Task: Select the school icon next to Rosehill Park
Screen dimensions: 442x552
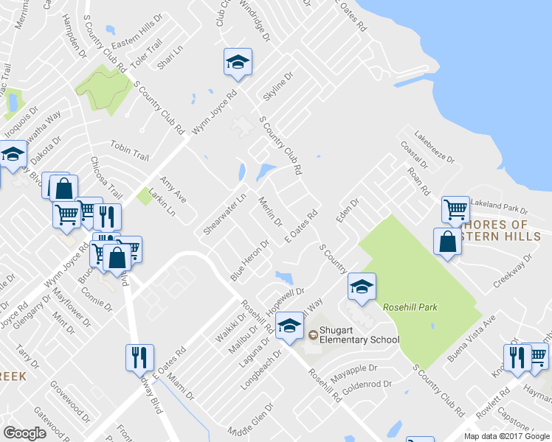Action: click(x=362, y=288)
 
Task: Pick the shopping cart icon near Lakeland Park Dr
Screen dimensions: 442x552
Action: click(x=455, y=209)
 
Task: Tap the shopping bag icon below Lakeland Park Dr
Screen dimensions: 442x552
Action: click(x=448, y=242)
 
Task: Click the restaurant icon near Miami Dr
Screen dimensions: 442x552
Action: click(x=139, y=359)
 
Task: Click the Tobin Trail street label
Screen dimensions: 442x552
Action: click(x=130, y=150)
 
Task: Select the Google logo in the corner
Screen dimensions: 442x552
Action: click(x=25, y=432)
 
